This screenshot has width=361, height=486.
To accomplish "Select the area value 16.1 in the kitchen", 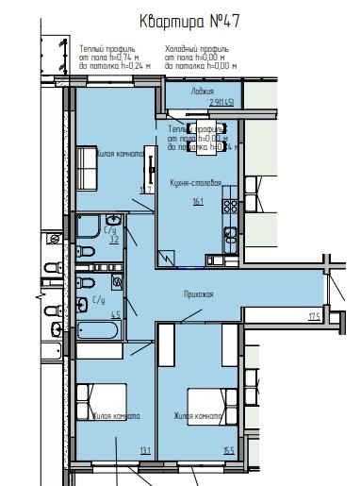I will click(196, 201).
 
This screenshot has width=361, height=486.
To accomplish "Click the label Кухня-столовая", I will click(195, 182).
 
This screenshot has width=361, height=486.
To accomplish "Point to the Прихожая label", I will click(198, 295).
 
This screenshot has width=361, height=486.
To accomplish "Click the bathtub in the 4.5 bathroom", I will click(97, 332).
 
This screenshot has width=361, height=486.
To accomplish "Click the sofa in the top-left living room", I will click(84, 170).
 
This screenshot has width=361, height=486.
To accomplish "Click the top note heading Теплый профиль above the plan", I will click(103, 46).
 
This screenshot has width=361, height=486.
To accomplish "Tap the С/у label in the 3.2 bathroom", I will click(109, 229).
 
